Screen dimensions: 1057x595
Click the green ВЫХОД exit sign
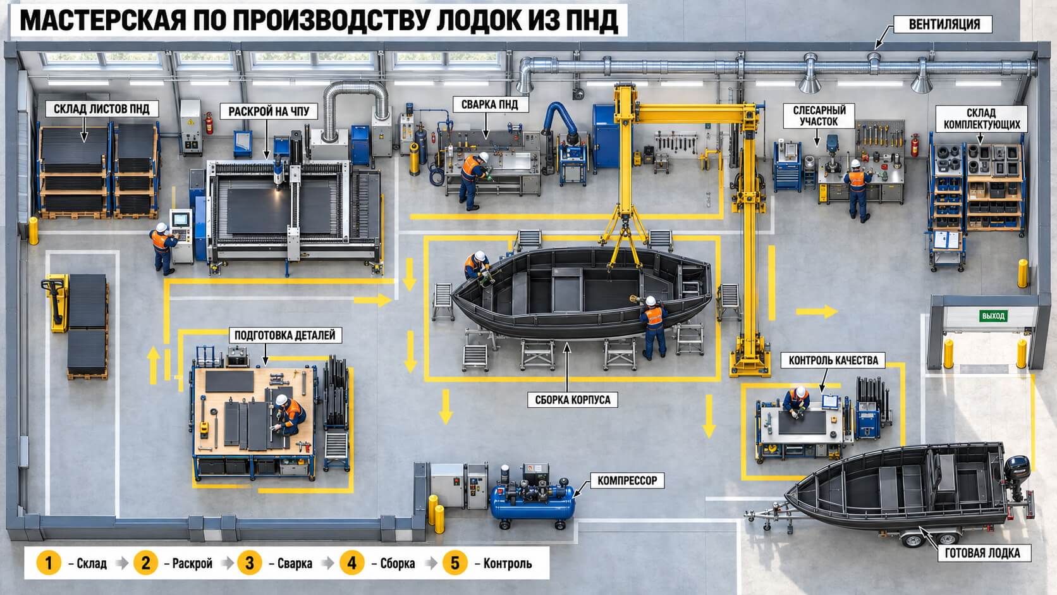tap(993, 316)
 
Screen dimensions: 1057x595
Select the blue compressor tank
tap(532, 503)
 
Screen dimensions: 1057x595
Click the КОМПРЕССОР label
tap(627, 481)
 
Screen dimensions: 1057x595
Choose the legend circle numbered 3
tap(249, 563)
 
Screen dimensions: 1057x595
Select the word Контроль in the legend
tap(507, 563)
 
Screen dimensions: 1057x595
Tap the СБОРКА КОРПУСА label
tap(572, 400)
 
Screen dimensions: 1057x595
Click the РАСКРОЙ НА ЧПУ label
tap(269, 111)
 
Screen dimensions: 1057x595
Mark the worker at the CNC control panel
tap(163, 248)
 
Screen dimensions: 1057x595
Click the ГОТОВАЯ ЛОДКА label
tap(982, 553)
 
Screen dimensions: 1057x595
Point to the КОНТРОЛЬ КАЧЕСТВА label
tap(833, 360)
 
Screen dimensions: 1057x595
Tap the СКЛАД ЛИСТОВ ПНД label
tap(101, 109)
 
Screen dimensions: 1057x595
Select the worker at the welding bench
tap(474, 180)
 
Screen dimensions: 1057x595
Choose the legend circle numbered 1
tap(49, 563)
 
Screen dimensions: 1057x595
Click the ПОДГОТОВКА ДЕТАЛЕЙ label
tap(285, 335)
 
